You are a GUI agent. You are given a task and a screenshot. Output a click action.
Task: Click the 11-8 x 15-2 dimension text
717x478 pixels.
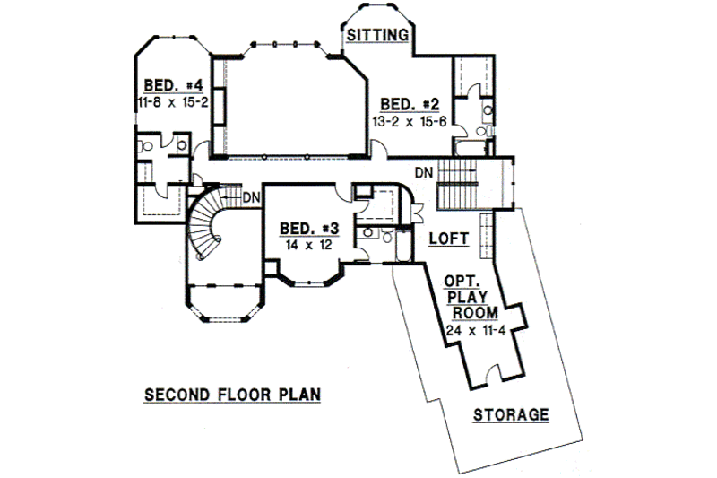click(174, 103)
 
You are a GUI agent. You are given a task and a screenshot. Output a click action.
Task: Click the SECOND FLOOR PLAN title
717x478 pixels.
click(220, 394)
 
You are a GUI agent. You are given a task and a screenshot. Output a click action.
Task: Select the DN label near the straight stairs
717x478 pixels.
click(426, 171)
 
